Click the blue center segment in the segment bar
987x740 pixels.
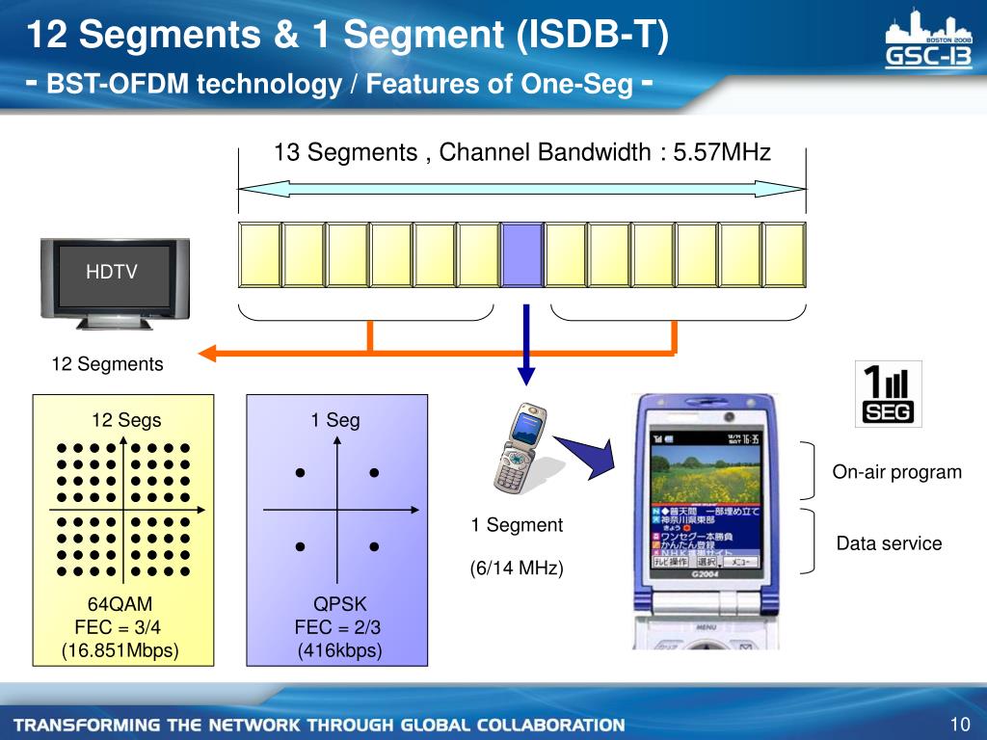point(522,254)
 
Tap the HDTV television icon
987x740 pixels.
point(115,277)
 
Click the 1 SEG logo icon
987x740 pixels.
point(889,393)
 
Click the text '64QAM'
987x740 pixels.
point(120,605)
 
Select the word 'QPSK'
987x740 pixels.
point(340,605)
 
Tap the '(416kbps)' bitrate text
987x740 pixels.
point(340,650)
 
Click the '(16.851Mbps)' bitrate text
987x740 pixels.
point(120,650)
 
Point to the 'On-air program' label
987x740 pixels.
point(897,472)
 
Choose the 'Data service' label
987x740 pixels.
point(889,543)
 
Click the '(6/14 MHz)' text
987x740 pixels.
point(517,569)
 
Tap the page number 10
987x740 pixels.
point(958,725)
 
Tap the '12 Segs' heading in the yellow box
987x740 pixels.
point(126,420)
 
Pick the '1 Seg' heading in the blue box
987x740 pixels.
point(334,420)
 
